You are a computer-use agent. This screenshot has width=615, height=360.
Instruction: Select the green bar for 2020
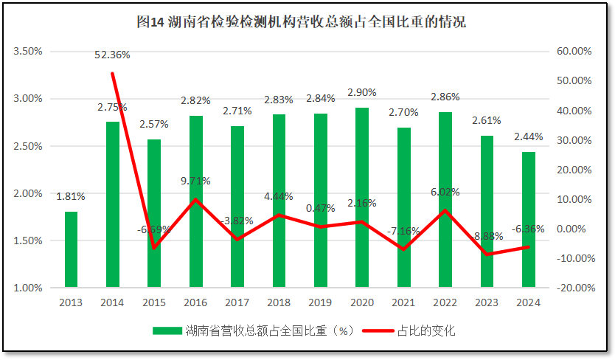[x=362, y=198]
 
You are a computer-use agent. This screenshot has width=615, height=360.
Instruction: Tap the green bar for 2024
[x=529, y=219]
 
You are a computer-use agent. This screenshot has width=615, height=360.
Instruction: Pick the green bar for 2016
[x=196, y=201]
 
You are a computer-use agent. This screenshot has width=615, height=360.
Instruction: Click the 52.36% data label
[x=112, y=55]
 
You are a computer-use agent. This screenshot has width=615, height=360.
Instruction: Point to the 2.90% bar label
[x=362, y=93]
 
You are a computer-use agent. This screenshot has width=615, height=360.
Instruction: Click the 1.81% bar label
[x=71, y=196]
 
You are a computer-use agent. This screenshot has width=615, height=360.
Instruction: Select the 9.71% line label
[x=196, y=181]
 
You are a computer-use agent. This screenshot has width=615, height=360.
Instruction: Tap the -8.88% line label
[x=487, y=236]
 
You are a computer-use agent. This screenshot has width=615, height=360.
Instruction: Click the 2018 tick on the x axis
[x=279, y=302]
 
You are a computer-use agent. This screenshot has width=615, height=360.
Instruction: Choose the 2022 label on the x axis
[x=445, y=302]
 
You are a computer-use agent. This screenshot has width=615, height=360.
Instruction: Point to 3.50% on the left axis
[x=28, y=52]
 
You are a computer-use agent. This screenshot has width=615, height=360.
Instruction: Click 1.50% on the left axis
[x=28, y=240]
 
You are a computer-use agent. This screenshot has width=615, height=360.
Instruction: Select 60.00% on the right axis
[x=574, y=52]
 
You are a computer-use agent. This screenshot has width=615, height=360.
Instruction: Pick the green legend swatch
[x=167, y=330]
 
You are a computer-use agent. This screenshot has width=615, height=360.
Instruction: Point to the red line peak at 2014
[x=112, y=73]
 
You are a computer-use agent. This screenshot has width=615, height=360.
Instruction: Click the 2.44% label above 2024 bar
[x=529, y=137]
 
